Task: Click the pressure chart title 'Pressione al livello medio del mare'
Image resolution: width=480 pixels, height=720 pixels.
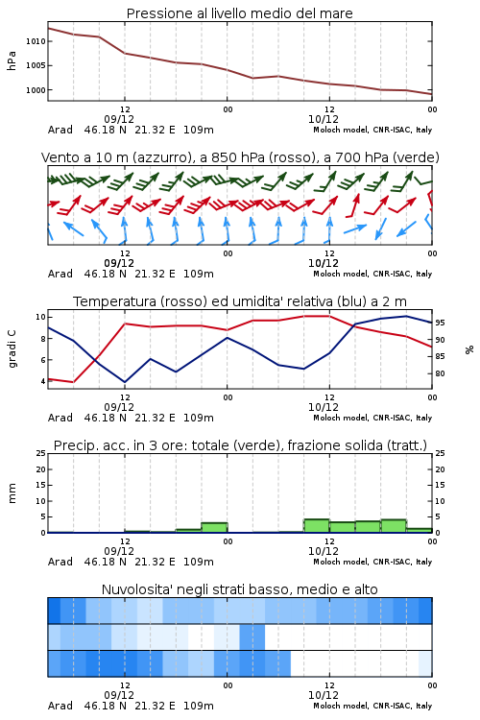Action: [239, 13]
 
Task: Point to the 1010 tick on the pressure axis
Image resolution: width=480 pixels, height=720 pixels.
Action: [36, 41]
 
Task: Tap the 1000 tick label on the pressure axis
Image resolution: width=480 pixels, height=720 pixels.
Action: [36, 90]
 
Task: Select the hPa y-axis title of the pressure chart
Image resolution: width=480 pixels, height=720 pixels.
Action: [12, 60]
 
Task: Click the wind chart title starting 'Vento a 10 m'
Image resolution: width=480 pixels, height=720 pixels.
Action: [240, 157]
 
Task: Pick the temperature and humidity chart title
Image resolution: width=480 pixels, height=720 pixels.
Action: [240, 301]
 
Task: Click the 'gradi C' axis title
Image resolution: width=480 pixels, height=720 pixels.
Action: [12, 349]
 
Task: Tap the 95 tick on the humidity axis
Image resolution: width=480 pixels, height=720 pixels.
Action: [440, 323]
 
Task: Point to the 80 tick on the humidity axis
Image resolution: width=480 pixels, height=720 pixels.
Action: [440, 373]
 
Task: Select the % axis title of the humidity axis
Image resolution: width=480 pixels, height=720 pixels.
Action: [469, 349]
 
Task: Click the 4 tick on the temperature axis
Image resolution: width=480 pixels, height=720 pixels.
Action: [42, 381]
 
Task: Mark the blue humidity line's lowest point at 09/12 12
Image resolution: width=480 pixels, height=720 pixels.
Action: [125, 382]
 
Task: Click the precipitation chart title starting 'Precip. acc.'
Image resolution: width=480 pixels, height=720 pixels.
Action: [240, 445]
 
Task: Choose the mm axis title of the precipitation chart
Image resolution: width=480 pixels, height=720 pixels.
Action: [12, 493]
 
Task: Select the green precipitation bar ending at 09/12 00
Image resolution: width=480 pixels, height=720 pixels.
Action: [214, 528]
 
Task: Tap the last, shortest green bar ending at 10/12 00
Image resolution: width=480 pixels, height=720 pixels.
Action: [419, 530]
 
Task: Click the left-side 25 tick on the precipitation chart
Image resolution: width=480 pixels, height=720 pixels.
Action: [41, 453]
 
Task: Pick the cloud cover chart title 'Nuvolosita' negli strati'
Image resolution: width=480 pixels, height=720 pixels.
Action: [239, 589]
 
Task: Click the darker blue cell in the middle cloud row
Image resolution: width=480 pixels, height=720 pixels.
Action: [252, 636]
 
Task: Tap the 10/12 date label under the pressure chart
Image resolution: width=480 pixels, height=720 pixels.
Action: [324, 119]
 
